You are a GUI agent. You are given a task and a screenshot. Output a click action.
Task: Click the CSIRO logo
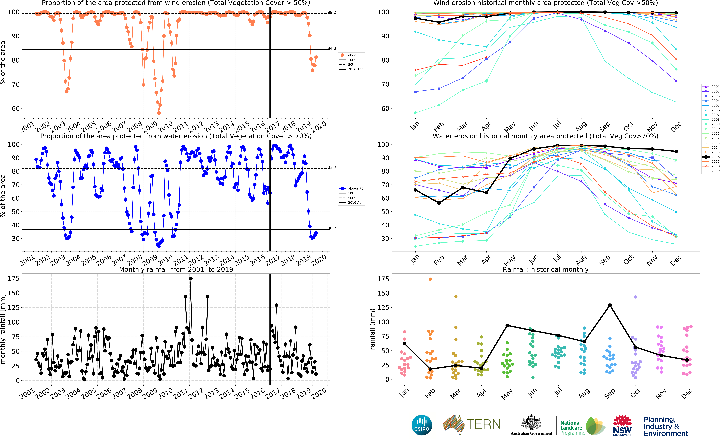point(422,425)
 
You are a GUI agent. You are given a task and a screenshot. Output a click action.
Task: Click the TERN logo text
point(483,424)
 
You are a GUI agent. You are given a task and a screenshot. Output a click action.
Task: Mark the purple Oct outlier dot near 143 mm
point(636,297)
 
